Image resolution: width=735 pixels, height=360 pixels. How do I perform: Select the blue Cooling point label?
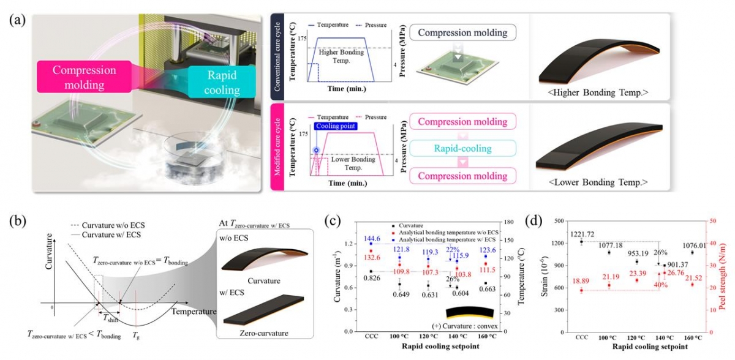click(x=339, y=125)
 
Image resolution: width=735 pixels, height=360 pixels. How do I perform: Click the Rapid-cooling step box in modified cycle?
click(x=464, y=149)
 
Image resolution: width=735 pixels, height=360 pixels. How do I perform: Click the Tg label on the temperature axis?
click(x=135, y=336)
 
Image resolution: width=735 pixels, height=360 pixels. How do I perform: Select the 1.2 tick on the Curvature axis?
click(x=349, y=243)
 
